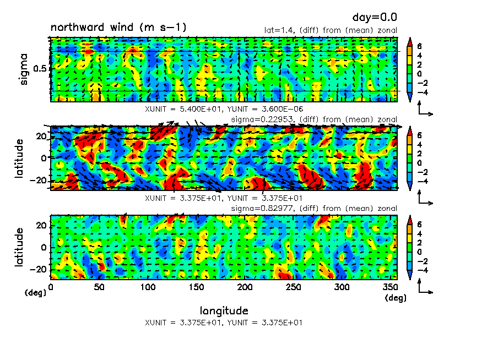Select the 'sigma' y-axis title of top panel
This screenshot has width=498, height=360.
pos(24,69)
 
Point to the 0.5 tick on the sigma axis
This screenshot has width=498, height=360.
pos(41,69)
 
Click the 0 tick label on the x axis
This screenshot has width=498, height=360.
pos(51,287)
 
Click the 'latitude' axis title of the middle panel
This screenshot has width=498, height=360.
pos(19,158)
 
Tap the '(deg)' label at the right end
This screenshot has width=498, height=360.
pos(395,298)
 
